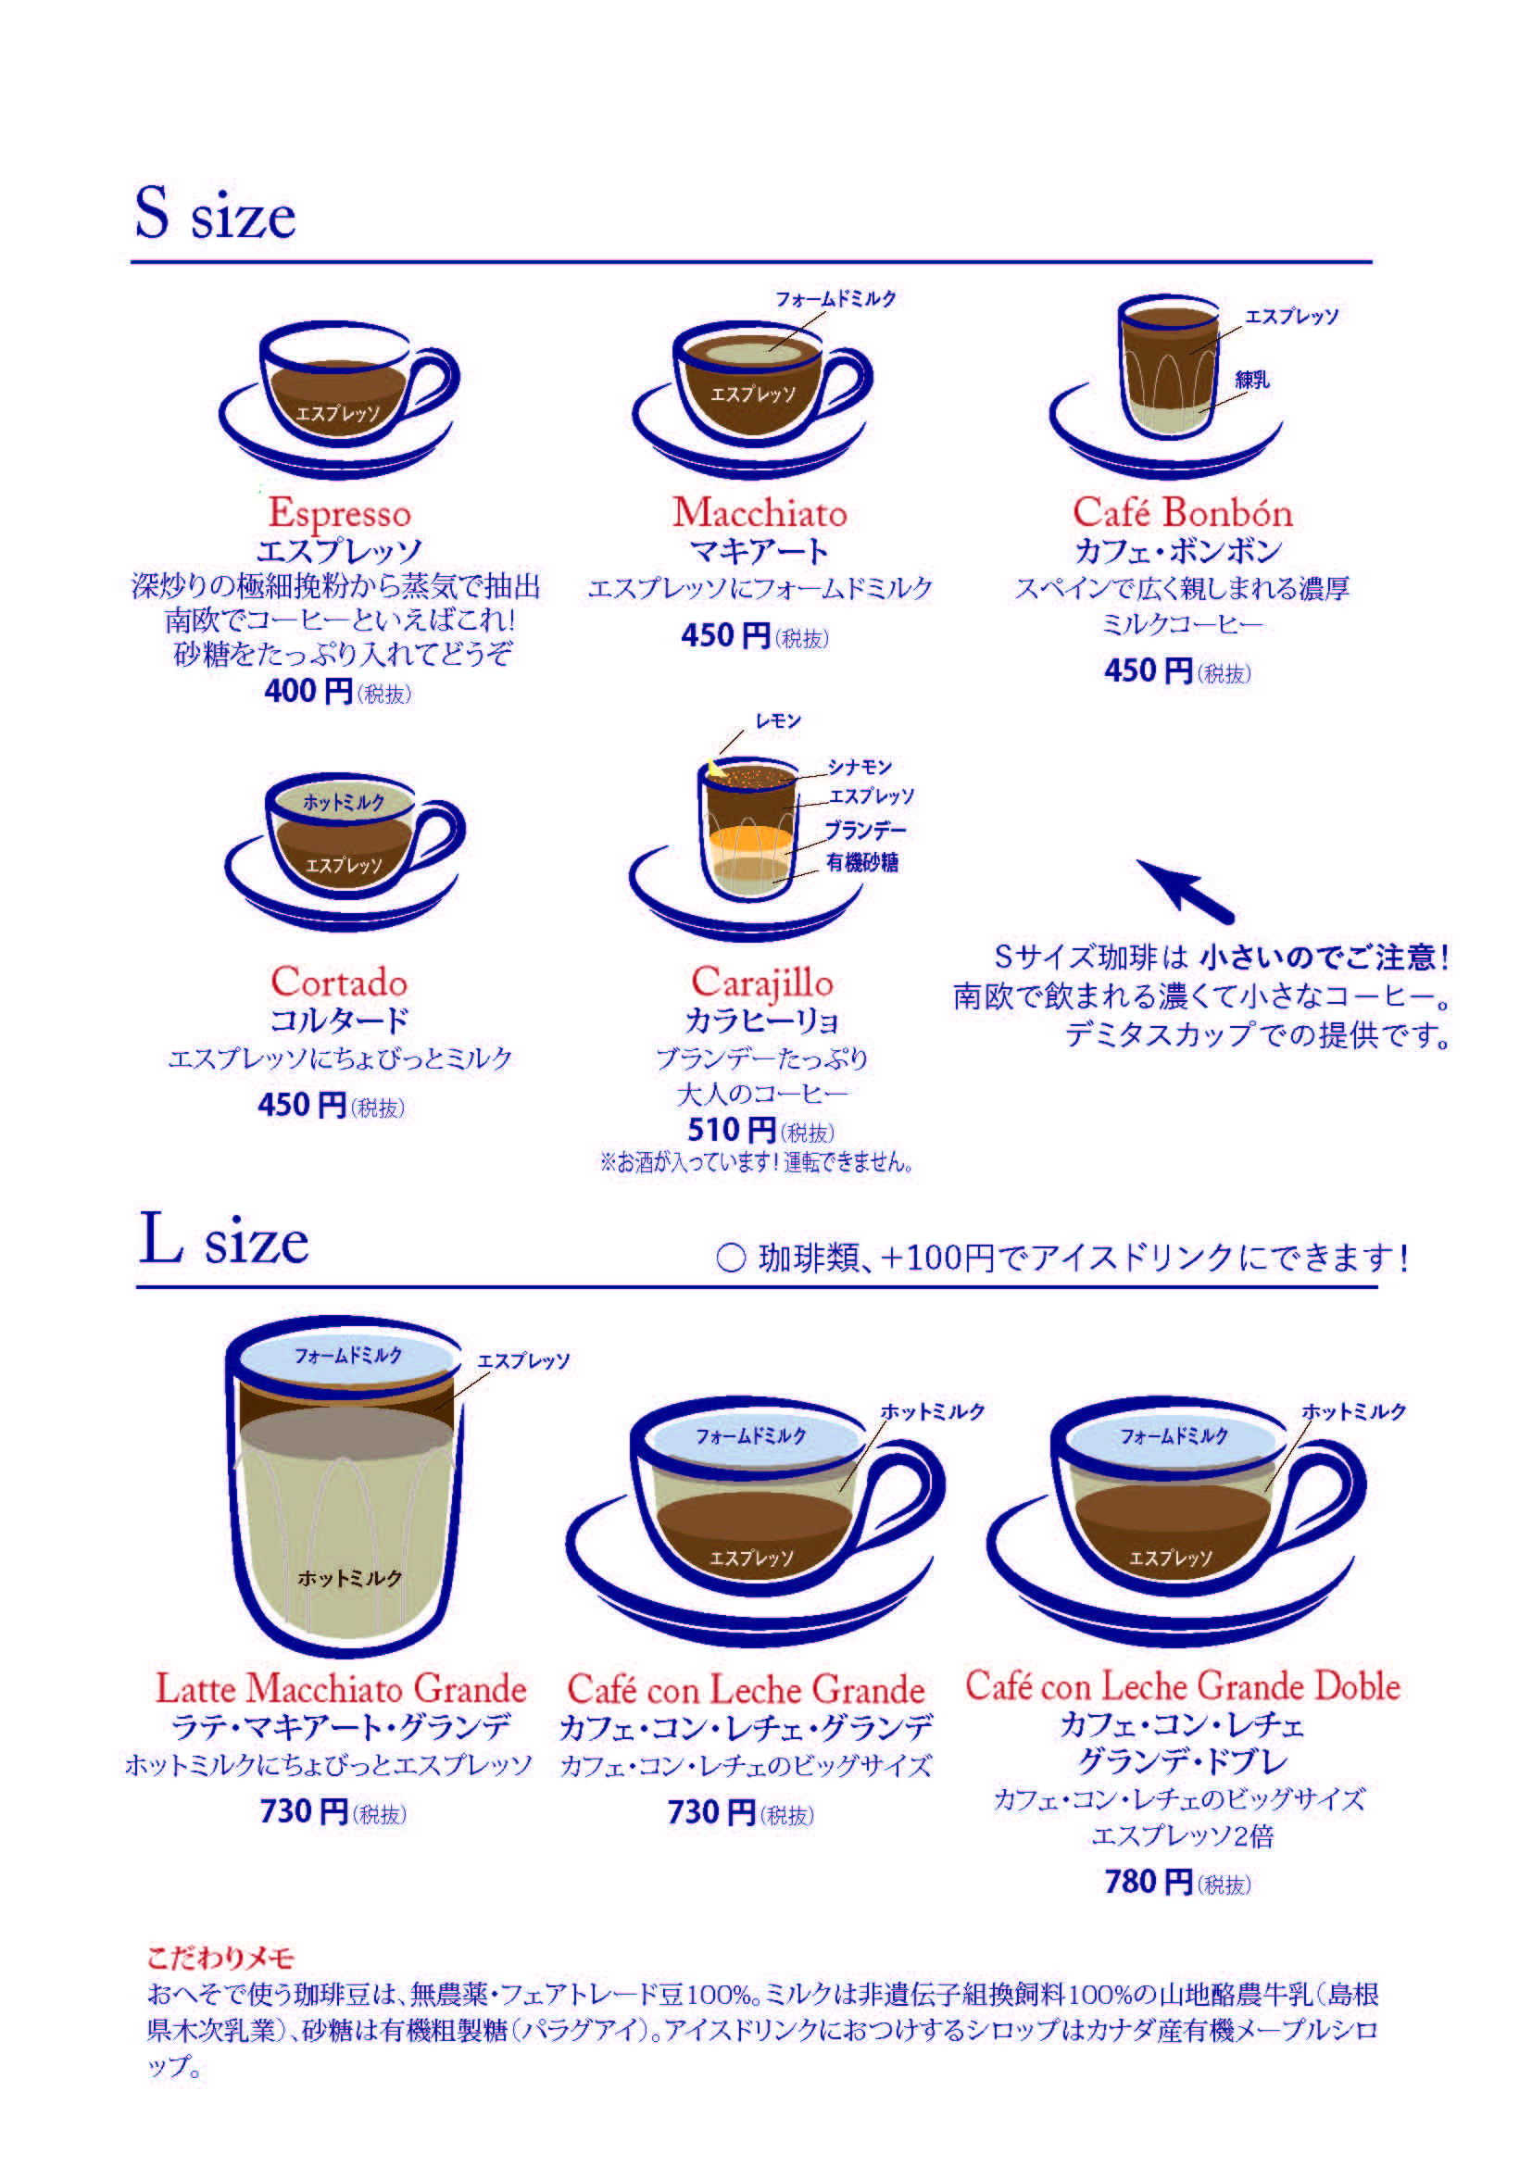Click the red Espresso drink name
pyautogui.click(x=340, y=514)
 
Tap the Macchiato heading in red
pyautogui.click(x=760, y=512)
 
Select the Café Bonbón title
pyautogui.click(x=1182, y=512)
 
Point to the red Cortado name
pyautogui.click(x=339, y=982)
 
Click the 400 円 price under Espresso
pyautogui.click(x=308, y=692)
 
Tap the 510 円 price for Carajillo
pyautogui.click(x=731, y=1130)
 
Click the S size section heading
pyautogui.click(x=215, y=213)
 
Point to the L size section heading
pyautogui.click(x=224, y=1239)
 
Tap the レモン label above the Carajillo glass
pyautogui.click(x=778, y=721)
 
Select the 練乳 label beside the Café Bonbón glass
pyautogui.click(x=1252, y=381)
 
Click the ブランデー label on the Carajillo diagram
pyautogui.click(x=865, y=830)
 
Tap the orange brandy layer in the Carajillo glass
pyautogui.click(x=752, y=839)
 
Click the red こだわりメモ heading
pyautogui.click(x=220, y=1959)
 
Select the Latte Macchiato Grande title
pyautogui.click(x=341, y=1689)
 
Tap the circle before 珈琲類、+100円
pyautogui.click(x=731, y=1258)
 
